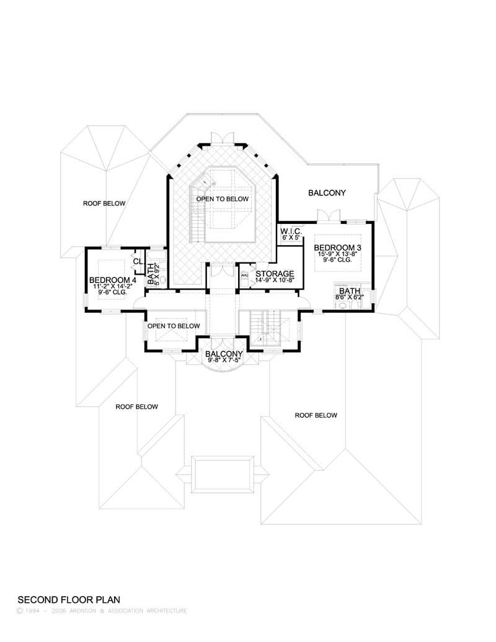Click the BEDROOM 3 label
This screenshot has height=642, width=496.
click(337, 247)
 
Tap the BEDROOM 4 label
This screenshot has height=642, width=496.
click(112, 280)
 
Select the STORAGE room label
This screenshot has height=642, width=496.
click(275, 274)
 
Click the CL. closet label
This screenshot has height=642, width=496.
click(138, 261)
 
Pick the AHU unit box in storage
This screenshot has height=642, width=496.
click(244, 275)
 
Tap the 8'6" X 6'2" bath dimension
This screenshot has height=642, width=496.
click(350, 297)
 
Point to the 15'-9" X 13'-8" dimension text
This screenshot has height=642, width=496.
click(337, 254)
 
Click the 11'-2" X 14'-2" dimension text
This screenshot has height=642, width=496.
click(112, 287)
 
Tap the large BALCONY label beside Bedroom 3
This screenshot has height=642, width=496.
click(327, 193)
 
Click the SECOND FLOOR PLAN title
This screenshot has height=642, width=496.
click(68, 600)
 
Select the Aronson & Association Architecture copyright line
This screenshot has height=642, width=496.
click(102, 611)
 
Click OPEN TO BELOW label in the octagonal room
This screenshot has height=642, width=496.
click(222, 199)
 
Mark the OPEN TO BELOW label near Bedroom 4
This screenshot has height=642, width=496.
click(174, 326)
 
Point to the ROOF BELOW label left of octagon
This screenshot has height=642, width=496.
click(105, 203)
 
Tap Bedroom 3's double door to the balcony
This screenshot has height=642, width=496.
click(327, 215)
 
